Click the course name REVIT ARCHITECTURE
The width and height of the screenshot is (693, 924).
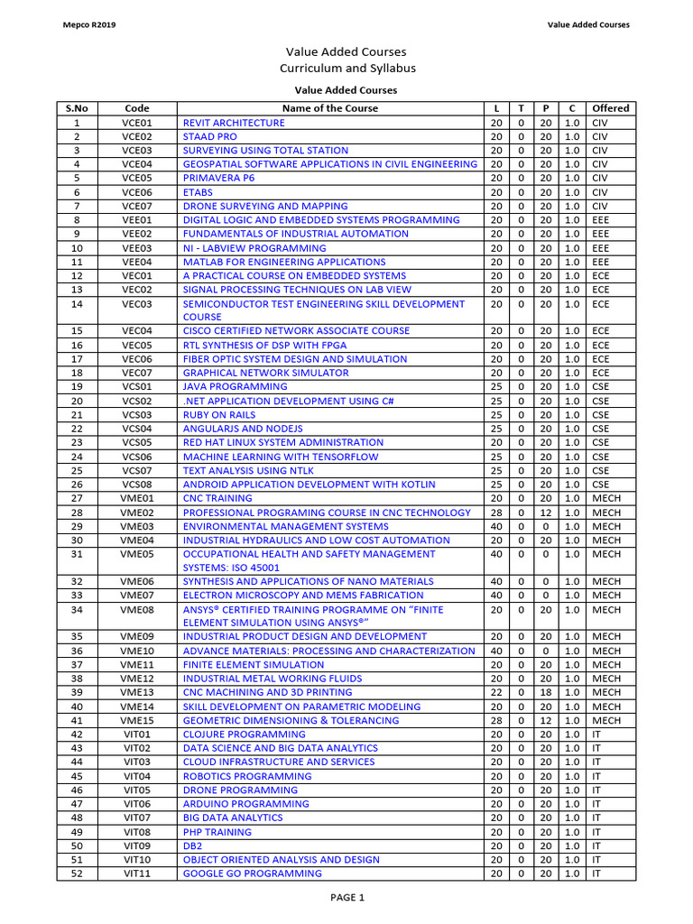(x=234, y=123)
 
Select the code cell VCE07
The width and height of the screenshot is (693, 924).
(x=137, y=207)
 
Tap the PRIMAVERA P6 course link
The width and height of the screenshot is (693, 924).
(x=219, y=179)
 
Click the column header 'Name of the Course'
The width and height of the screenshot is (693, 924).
(x=330, y=108)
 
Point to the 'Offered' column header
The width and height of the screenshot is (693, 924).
(x=611, y=108)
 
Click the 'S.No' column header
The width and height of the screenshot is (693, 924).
(x=77, y=108)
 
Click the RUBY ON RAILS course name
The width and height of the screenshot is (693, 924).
(x=219, y=415)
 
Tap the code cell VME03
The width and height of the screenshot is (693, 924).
(x=137, y=526)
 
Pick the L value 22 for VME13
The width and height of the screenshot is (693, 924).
(x=495, y=693)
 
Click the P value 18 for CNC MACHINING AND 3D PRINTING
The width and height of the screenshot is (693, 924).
(x=545, y=693)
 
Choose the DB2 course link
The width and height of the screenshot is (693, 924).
(x=192, y=845)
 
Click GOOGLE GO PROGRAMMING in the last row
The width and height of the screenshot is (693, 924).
(x=252, y=873)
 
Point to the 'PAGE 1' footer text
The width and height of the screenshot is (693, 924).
(x=346, y=898)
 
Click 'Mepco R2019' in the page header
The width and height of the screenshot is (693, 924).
(x=87, y=25)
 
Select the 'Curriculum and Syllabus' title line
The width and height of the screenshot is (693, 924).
(x=346, y=69)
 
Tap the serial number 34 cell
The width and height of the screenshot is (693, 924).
(x=77, y=610)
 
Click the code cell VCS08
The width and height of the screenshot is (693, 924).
(x=137, y=485)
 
